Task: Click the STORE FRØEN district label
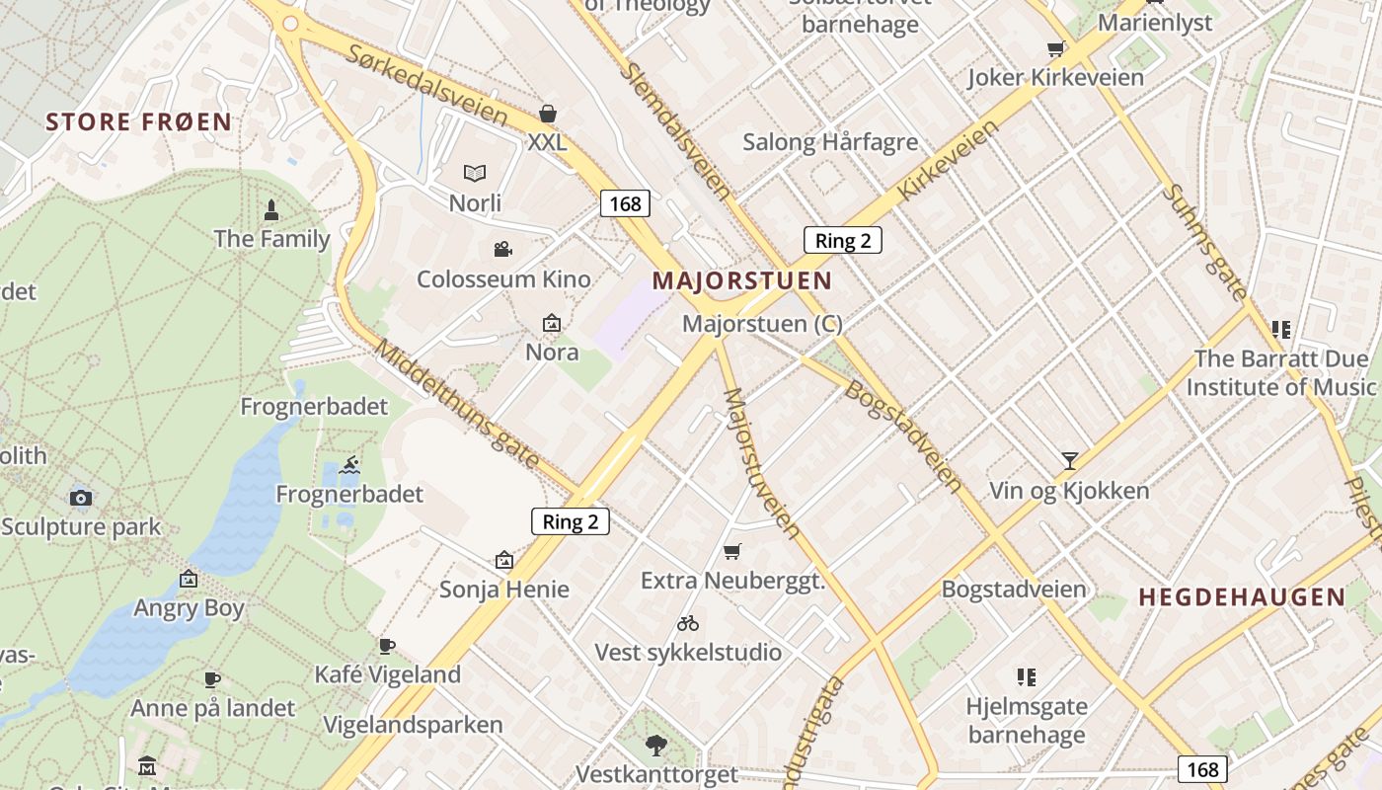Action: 139,122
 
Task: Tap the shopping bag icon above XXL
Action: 548,115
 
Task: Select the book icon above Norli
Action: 475,174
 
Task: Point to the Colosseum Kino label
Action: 503,278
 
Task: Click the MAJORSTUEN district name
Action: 742,280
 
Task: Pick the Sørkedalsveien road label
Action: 426,85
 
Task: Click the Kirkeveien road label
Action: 949,162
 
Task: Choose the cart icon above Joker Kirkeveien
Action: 1055,49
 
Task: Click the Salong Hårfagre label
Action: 830,142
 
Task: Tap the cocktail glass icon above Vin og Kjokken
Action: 1069,460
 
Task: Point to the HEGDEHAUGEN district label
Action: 1242,596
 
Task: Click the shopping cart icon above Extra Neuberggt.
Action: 731,551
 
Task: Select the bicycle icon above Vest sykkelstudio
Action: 688,623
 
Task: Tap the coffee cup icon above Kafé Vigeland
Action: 387,646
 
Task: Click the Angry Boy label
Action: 189,608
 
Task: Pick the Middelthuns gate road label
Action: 458,405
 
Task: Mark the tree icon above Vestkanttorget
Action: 655,746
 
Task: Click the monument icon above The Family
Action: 271,209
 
